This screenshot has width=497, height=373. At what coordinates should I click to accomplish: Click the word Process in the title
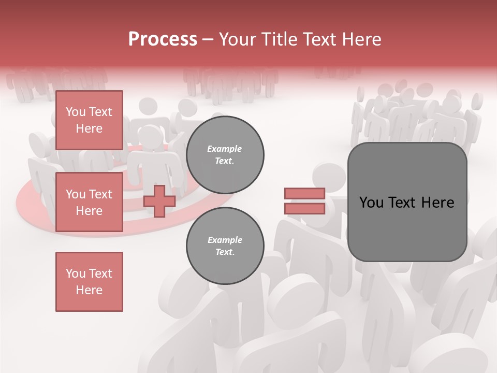[x=163, y=39]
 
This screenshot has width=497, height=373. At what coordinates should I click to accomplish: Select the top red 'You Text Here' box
[x=89, y=120]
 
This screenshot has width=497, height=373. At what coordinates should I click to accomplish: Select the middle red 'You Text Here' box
[x=89, y=202]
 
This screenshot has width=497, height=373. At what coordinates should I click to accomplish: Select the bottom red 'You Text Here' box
[x=89, y=282]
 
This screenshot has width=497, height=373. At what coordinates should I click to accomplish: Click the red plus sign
[x=159, y=201]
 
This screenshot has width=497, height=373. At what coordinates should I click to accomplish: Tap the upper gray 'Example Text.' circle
[x=225, y=155]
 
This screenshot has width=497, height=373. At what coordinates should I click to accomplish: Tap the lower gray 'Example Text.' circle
[x=225, y=246]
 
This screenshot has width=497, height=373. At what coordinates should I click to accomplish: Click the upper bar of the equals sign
[x=304, y=194]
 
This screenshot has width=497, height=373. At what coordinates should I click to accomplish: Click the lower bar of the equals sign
[x=304, y=209]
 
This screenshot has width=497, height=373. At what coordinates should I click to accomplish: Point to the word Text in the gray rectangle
[x=406, y=203]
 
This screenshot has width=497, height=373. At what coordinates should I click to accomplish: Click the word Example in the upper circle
[x=225, y=149]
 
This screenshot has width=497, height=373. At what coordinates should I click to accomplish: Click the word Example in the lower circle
[x=225, y=240]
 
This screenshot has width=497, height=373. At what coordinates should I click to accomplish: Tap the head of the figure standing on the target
[x=150, y=138]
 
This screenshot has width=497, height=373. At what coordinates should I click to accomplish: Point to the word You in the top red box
[x=75, y=112]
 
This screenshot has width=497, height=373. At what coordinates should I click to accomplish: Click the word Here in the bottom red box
[x=89, y=290]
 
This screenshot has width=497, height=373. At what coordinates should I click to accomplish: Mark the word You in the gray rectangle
[x=371, y=203]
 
